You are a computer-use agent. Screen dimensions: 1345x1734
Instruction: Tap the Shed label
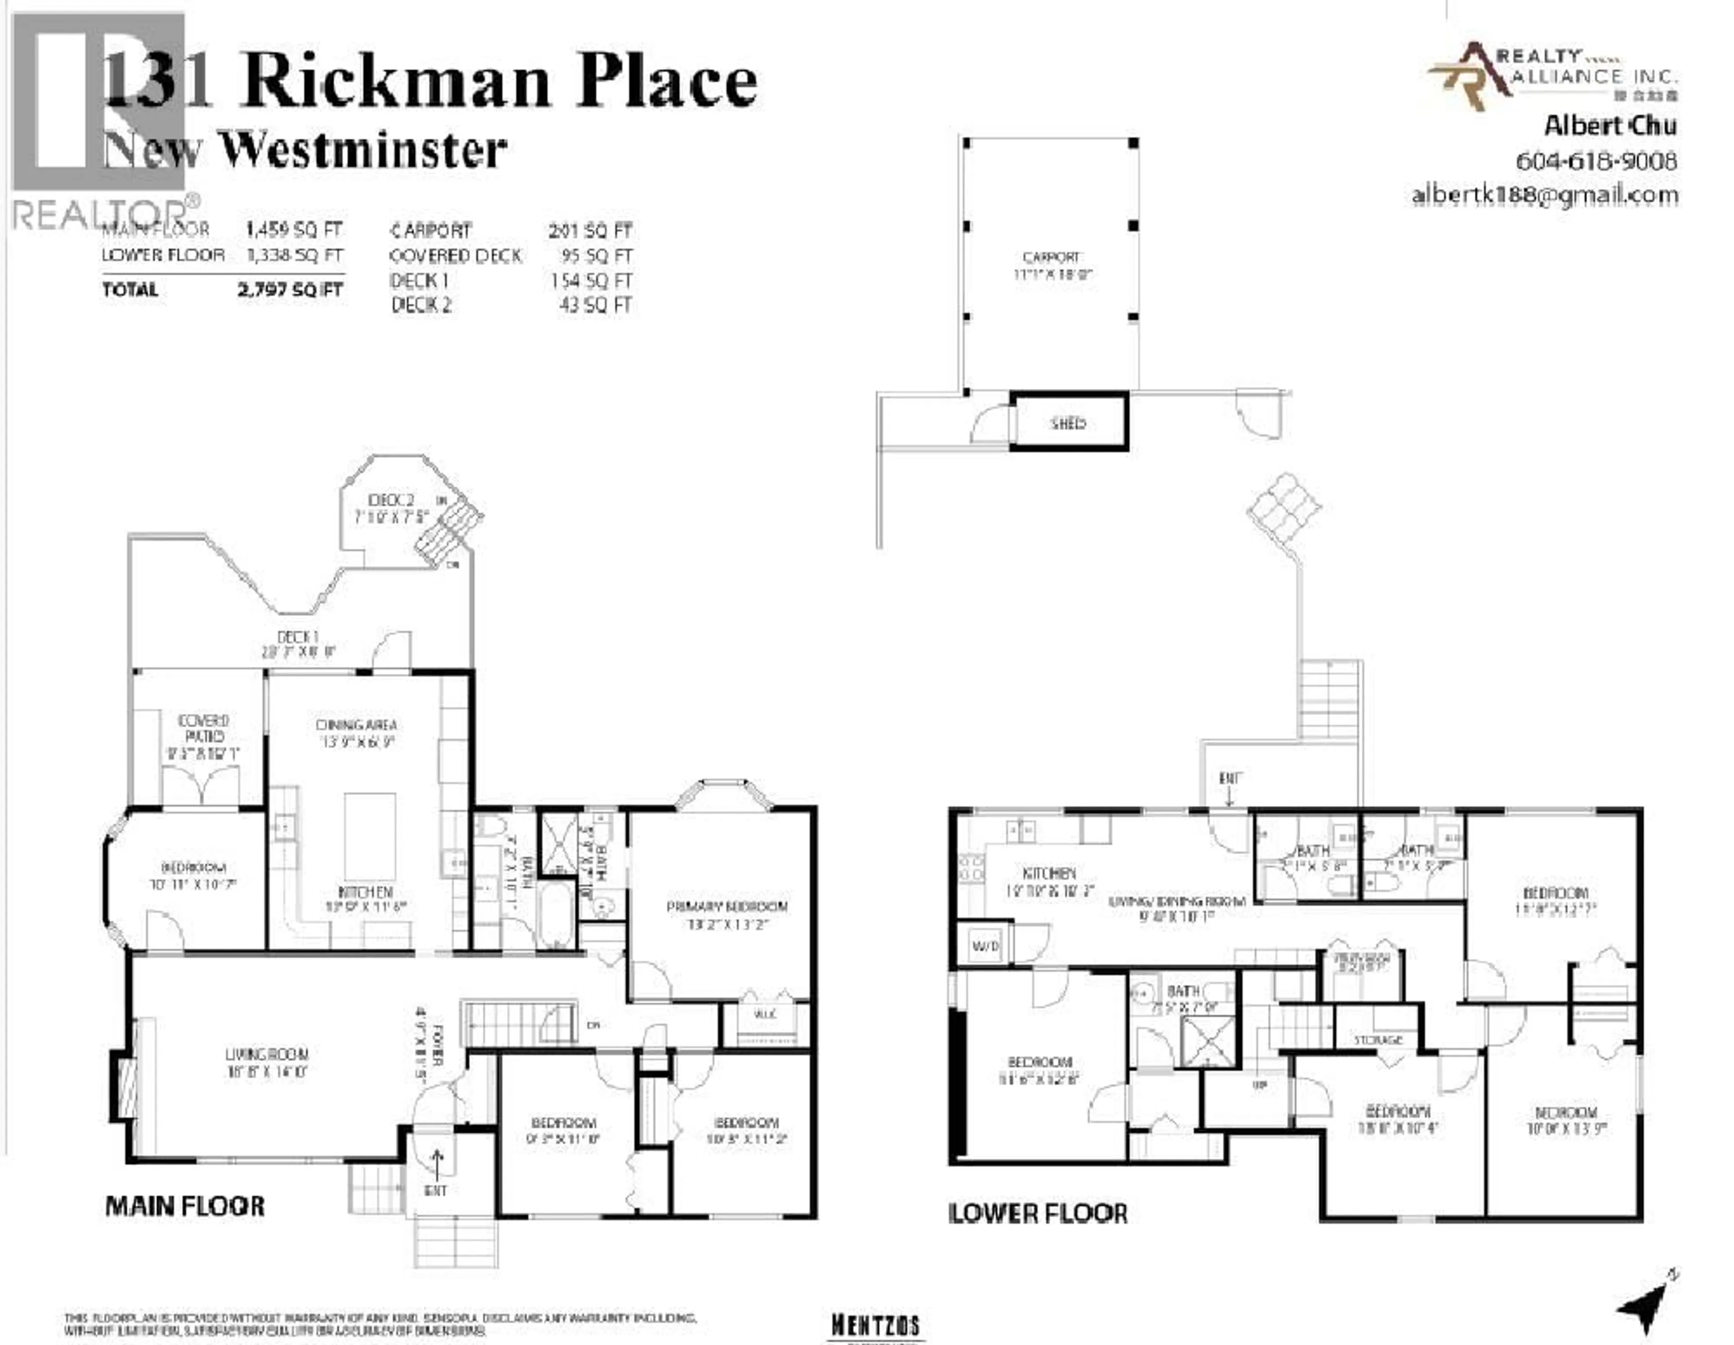1068,423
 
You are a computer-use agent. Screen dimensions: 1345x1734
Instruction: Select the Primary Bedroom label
727,907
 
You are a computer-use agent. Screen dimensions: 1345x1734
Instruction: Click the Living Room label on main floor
266,1055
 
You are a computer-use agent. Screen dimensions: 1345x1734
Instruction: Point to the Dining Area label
356,725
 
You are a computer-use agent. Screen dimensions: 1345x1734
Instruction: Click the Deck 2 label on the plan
391,500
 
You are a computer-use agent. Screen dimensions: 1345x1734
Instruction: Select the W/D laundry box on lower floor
984,946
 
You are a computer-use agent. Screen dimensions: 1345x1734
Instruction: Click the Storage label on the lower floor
1378,1039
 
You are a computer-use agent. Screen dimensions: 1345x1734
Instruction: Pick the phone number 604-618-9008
1596,161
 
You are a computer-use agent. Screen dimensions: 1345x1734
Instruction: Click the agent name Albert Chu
1609,126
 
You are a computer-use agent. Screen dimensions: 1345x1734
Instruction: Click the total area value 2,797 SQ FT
290,290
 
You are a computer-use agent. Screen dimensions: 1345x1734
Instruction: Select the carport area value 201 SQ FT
590,231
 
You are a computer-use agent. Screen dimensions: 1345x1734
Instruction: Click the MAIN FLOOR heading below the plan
185,1206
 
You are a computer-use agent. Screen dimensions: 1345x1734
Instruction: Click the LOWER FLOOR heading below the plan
1038,1213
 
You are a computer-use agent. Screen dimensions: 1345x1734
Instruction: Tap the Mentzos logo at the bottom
876,1324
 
